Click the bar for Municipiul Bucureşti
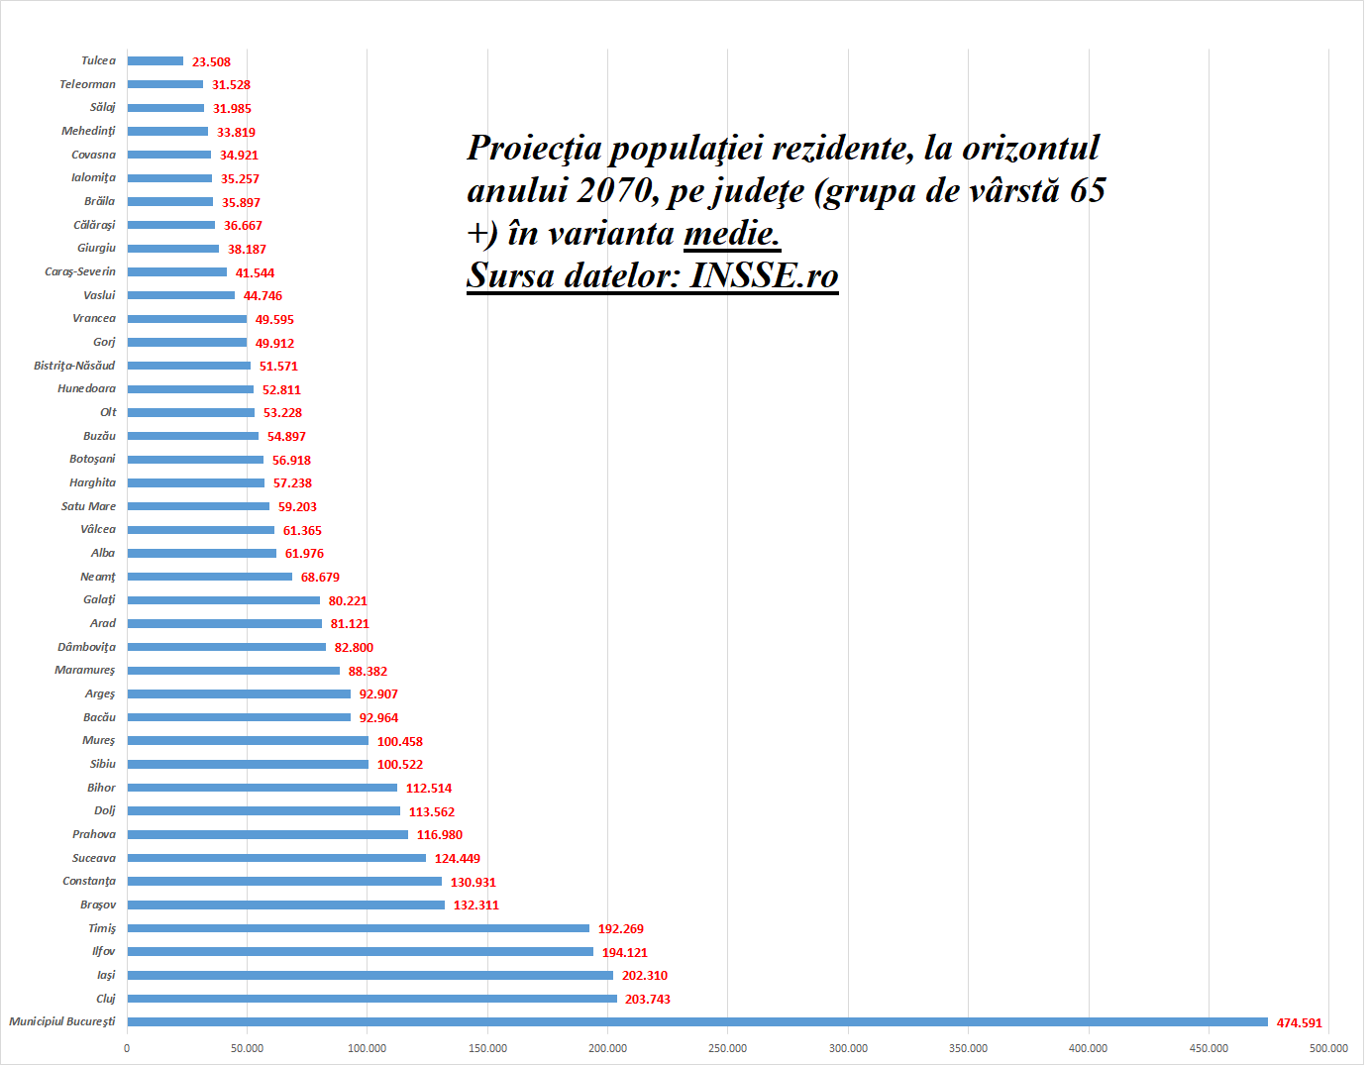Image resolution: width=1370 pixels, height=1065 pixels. click(x=697, y=1022)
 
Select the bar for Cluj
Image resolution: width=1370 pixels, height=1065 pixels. click(x=371, y=999)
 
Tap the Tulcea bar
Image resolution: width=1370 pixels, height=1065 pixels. click(x=156, y=61)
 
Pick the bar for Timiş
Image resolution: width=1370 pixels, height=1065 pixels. click(x=358, y=928)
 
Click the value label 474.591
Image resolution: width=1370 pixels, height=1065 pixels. click(x=1299, y=1023)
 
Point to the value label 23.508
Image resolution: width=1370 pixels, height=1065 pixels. click(x=211, y=62)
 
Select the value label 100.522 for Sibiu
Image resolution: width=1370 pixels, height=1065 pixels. click(x=399, y=765)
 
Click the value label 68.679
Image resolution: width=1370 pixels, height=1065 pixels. click(x=320, y=578)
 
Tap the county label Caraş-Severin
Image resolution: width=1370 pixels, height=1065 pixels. click(x=80, y=271)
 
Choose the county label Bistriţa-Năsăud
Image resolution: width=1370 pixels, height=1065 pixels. click(x=74, y=366)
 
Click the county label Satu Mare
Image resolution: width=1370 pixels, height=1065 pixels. click(x=88, y=506)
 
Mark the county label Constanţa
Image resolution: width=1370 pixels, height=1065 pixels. click(x=89, y=881)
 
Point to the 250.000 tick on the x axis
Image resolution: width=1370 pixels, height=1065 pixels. click(x=728, y=1048)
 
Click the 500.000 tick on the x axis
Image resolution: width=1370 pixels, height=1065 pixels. click(x=1328, y=1048)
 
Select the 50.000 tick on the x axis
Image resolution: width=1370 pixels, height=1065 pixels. click(x=248, y=1048)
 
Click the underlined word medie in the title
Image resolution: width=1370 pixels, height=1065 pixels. click(x=731, y=234)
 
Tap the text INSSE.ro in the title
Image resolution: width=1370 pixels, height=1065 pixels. click(x=764, y=276)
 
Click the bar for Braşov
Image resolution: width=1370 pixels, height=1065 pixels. click(x=286, y=905)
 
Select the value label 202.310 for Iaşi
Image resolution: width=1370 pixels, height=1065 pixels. click(x=644, y=976)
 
